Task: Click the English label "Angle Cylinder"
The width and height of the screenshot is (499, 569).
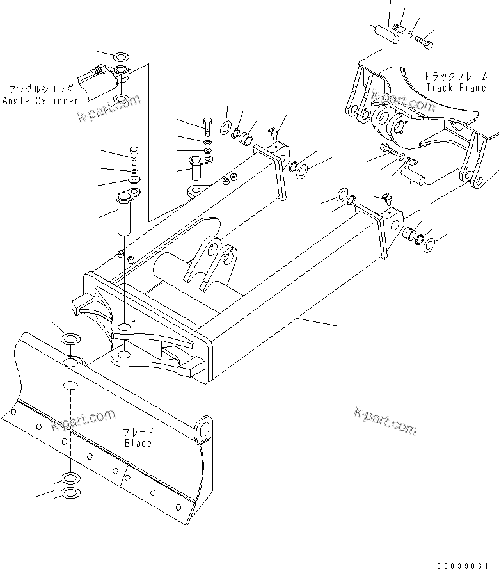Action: (x=40, y=100)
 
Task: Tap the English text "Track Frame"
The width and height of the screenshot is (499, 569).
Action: (x=455, y=88)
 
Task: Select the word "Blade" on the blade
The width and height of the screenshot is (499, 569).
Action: (x=138, y=443)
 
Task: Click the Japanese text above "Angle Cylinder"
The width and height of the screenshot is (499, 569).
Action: (x=40, y=90)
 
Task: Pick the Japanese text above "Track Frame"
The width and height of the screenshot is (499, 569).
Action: (x=455, y=76)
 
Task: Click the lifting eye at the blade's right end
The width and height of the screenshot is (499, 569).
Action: (x=203, y=429)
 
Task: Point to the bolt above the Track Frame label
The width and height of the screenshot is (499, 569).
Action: (x=425, y=42)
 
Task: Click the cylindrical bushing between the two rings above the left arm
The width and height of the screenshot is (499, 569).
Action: (x=247, y=136)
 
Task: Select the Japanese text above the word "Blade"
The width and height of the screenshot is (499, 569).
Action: (x=138, y=432)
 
